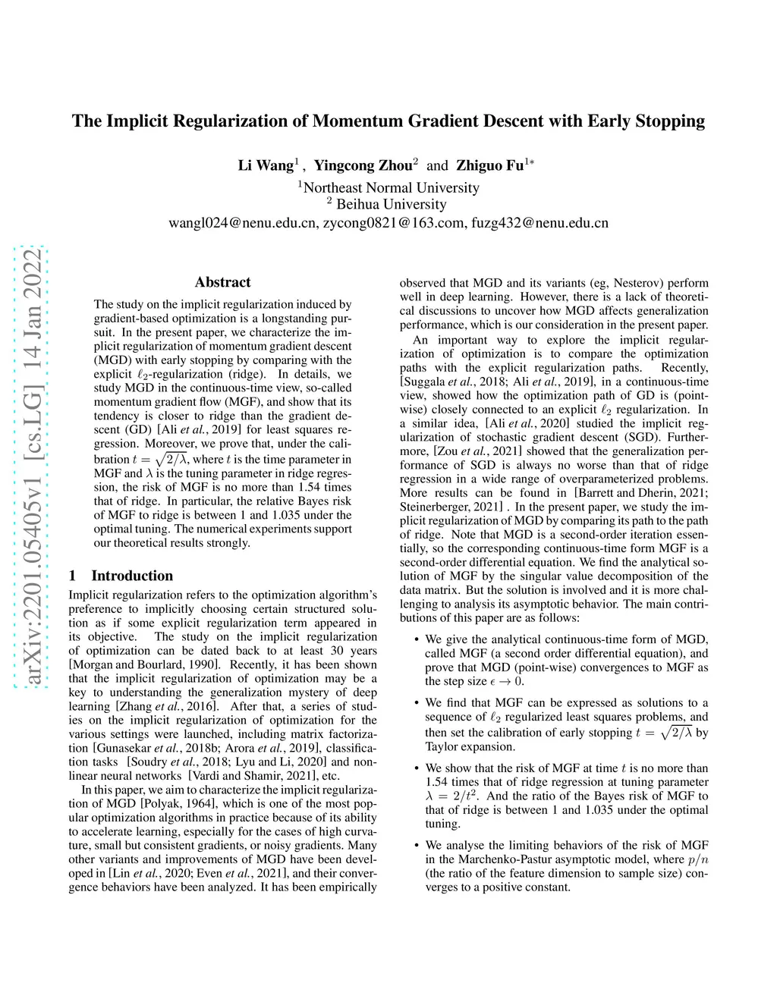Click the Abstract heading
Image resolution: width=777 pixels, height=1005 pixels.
[222, 282]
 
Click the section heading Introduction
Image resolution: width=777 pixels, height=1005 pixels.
[132, 576]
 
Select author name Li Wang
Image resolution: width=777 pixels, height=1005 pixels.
[266, 165]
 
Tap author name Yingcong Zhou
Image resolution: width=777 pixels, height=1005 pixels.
[363, 165]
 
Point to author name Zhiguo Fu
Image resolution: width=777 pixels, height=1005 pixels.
[489, 165]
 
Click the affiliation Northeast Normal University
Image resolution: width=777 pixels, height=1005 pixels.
[391, 187]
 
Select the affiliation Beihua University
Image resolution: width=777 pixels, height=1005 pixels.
[391, 204]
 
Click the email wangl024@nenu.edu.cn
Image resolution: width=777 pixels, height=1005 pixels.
[242, 223]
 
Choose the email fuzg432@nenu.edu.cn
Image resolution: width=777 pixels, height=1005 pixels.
[539, 223]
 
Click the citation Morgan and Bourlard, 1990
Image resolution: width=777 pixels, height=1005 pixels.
[147, 664]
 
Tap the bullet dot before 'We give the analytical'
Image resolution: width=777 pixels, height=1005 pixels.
[417, 639]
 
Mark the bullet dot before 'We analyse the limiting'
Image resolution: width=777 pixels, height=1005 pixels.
[417, 845]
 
